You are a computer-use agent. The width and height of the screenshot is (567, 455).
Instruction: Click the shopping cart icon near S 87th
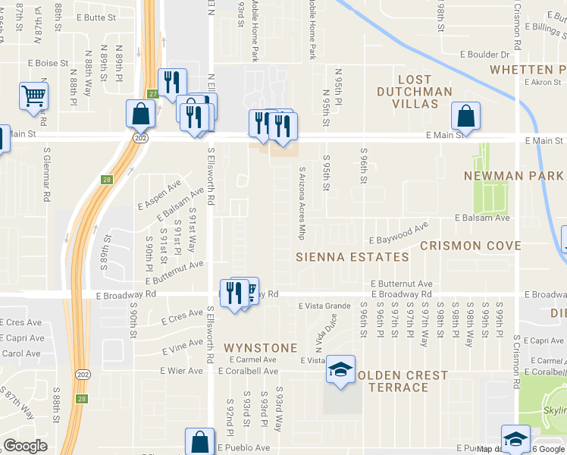[33, 97]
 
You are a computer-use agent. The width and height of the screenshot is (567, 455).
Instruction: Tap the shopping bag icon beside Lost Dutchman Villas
[465, 117]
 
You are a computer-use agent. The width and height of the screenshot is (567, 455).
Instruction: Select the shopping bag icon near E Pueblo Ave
[199, 442]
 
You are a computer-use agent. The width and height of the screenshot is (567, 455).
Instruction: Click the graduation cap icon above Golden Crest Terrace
[340, 370]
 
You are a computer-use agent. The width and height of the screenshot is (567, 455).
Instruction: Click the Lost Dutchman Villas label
[415, 86]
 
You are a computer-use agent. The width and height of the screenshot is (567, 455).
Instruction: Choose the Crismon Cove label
[470, 246]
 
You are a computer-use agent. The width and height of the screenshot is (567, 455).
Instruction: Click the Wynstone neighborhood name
[260, 347]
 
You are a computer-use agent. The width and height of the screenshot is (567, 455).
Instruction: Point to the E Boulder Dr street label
[484, 55]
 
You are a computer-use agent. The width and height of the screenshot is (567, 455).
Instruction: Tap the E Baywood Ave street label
[400, 231]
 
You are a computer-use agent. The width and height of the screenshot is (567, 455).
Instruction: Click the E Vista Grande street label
[324, 306]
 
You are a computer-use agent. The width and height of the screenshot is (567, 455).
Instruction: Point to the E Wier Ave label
[181, 371]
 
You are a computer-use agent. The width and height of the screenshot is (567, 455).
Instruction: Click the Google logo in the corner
[25, 446]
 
